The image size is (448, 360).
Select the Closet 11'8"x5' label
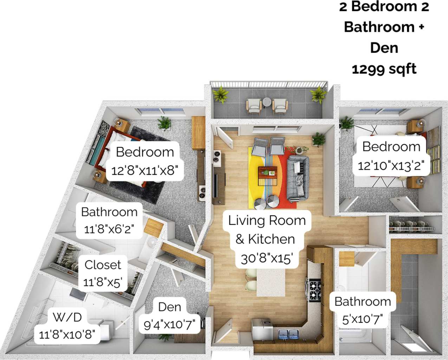(x=102, y=273)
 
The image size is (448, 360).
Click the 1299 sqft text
(x=384, y=69)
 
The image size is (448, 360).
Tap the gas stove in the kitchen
(x=314, y=289)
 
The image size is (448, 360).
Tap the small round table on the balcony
(x=267, y=102)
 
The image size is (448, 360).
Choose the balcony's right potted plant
(x=318, y=95)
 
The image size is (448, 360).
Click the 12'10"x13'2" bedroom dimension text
(x=391, y=165)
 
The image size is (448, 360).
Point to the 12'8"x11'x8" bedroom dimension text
(x=145, y=171)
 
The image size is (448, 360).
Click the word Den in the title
(x=384, y=47)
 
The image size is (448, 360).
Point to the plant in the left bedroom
(x=164, y=123)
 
